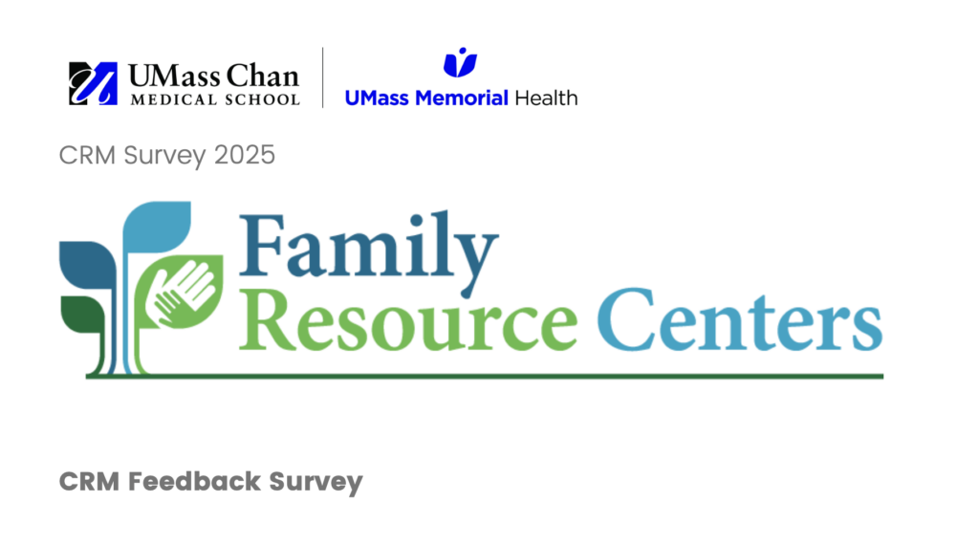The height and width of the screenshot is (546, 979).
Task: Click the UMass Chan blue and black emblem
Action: coord(93,84)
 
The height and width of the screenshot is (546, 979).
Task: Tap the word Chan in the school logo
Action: coord(262,76)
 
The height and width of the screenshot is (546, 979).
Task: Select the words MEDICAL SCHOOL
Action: coord(215,100)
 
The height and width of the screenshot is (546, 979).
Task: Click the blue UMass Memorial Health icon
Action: coord(460,62)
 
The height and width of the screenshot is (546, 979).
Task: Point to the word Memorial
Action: coord(462,98)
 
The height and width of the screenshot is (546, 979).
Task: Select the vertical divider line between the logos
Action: coord(323,77)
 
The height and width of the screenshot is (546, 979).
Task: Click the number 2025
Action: coord(244,155)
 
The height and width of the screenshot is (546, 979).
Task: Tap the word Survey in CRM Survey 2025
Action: coord(164,156)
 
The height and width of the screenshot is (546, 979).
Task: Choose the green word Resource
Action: coord(408,320)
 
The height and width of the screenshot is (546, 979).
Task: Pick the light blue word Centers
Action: coord(740,320)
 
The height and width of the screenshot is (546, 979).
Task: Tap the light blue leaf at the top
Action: coord(156,227)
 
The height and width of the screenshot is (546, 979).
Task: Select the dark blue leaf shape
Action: coord(87,265)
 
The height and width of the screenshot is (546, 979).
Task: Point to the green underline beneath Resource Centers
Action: coord(485,376)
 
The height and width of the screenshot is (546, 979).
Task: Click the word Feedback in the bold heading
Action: coord(195,482)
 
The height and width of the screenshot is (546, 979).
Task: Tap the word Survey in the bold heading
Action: coord(315,483)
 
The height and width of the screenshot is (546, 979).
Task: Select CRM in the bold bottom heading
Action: coord(89,482)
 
